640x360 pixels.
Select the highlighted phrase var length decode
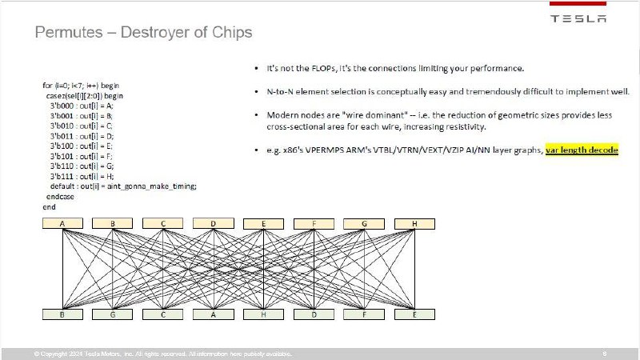coord(582,150)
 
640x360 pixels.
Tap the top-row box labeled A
coord(62,223)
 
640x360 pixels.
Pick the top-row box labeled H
coord(415,223)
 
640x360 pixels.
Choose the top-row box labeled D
coord(214,223)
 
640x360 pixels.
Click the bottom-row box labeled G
coord(112,315)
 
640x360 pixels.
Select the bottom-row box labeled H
coord(264,315)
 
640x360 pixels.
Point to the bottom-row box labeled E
coord(415,315)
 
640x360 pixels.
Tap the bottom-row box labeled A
coord(214,315)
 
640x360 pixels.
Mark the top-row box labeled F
coord(314,223)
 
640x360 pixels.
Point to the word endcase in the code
coord(60,196)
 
